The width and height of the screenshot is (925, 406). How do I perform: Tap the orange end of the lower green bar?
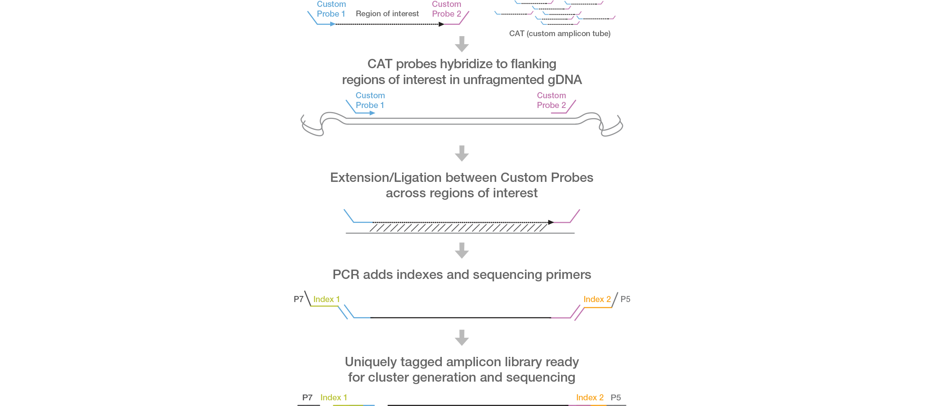[x=594, y=397]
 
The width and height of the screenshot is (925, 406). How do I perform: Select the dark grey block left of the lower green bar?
[x=312, y=397]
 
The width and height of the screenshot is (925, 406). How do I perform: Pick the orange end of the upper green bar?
[x=599, y=299]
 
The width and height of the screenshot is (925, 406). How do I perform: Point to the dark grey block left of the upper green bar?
[x=299, y=299]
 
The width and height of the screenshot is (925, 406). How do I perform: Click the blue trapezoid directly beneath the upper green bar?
[x=458, y=311]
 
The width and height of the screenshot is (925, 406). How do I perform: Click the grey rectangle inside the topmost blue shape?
[x=394, y=14]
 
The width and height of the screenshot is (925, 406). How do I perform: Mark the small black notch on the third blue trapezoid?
[x=553, y=222]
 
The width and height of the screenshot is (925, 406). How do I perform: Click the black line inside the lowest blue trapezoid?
[x=460, y=317]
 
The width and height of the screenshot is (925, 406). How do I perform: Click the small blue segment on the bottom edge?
[x=375, y=405]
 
